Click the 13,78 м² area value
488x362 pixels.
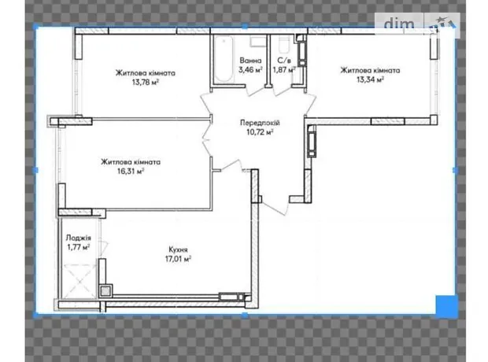coord(146,83)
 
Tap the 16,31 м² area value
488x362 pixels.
coord(131,171)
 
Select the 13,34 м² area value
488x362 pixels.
coord(370,79)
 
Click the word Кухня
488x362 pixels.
coord(178,249)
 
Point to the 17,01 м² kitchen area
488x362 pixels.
coord(178,259)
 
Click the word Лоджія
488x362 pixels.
coord(79,238)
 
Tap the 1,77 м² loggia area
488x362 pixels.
coord(79,247)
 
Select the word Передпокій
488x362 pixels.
coord(260,123)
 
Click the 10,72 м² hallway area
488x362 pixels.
coord(260,132)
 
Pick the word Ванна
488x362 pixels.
coord(250,61)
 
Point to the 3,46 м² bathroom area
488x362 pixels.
coord(250,69)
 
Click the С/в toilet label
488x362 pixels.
coord(284,61)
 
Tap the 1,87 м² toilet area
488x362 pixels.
coord(284,70)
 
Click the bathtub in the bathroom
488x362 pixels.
coord(224,59)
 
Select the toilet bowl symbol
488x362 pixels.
coord(284,44)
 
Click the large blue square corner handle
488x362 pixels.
coord(446,307)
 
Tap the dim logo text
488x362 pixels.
coord(399,24)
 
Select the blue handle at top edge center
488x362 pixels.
coord(245,27)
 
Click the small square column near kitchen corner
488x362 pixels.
coord(105,290)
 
